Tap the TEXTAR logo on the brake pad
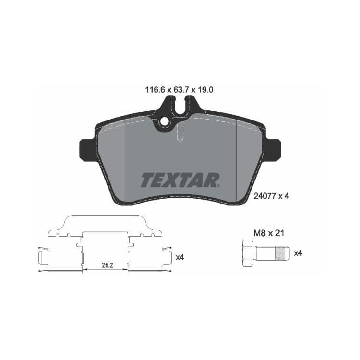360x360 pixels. tap(180, 180)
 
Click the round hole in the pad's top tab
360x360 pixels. tap(165, 122)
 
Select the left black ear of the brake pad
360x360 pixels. tap(87, 149)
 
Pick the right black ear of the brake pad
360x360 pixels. tap(273, 149)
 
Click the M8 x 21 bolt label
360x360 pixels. tap(269, 233)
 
